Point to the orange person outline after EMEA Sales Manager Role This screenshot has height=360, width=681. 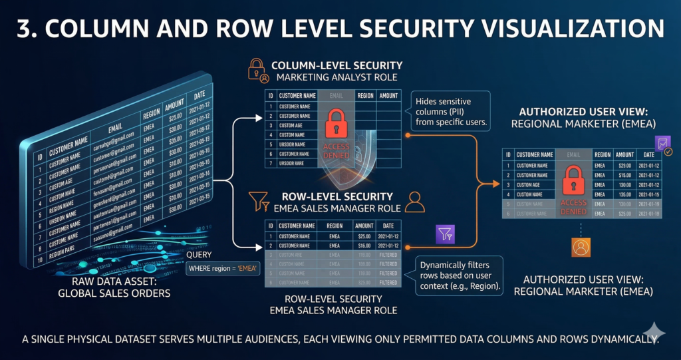click(415, 202)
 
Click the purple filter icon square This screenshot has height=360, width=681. click(444, 234)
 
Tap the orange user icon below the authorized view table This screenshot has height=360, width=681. click(582, 248)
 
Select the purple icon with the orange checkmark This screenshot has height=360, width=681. click(663, 144)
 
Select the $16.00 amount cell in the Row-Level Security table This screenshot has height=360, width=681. click(364, 245)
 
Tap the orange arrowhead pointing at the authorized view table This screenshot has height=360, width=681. click(495, 184)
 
